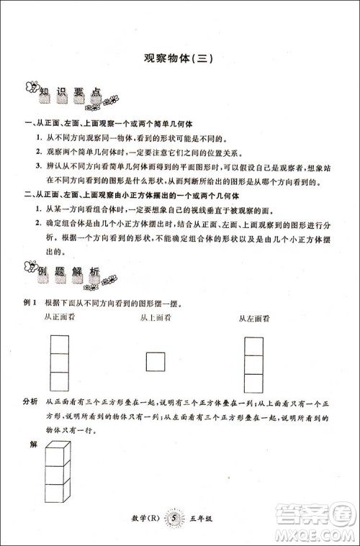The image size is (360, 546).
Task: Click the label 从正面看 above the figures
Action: tap(60, 317)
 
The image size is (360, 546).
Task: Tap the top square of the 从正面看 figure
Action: tap(60, 344)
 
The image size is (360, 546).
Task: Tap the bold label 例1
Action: tap(30, 304)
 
